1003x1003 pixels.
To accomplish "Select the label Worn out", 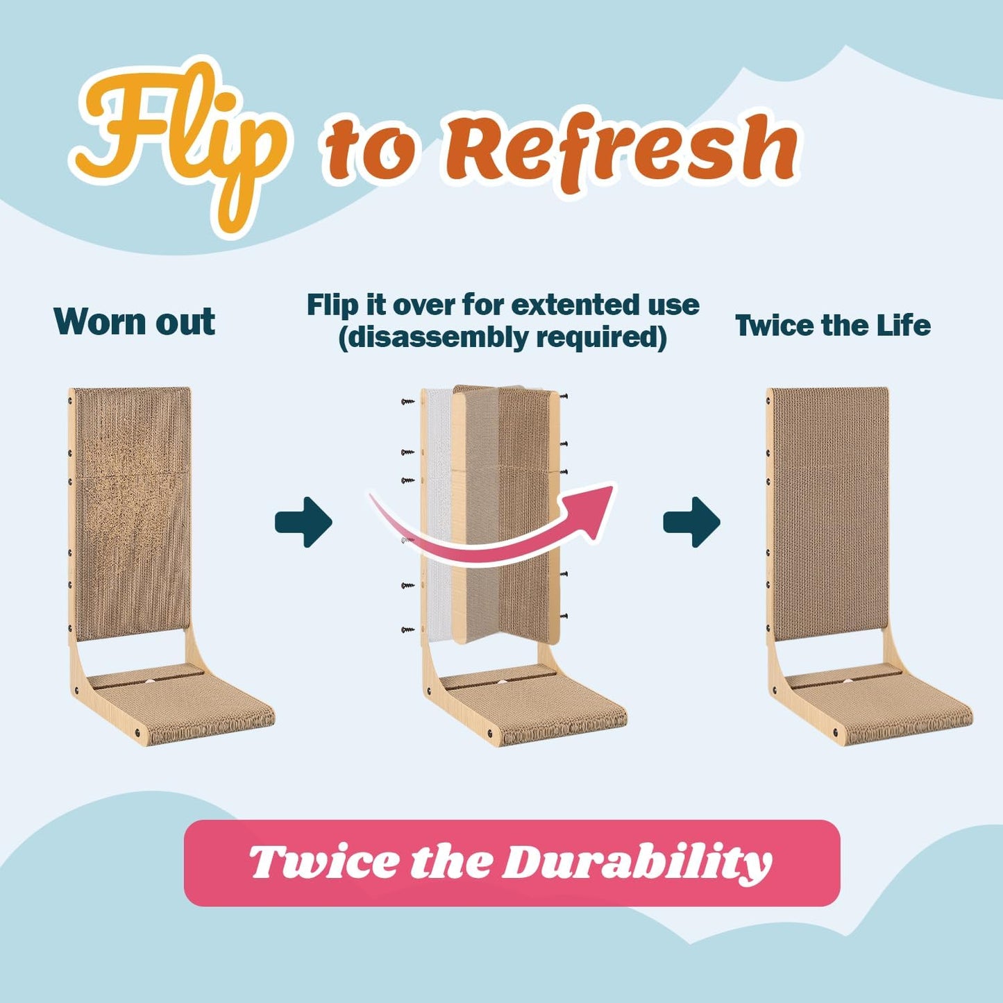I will click(134, 322).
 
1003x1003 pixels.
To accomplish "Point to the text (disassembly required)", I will click(503, 338).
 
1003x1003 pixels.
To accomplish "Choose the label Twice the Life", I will click(832, 326).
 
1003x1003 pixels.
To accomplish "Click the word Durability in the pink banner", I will click(637, 863).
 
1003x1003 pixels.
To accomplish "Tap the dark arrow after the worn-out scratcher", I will click(303, 522).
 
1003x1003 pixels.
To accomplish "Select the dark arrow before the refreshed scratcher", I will click(691, 522).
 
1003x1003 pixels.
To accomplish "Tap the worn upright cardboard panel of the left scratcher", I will click(132, 514).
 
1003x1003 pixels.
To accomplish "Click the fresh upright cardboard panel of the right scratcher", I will click(830, 514).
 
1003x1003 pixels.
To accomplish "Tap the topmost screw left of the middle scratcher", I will click(407, 401).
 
